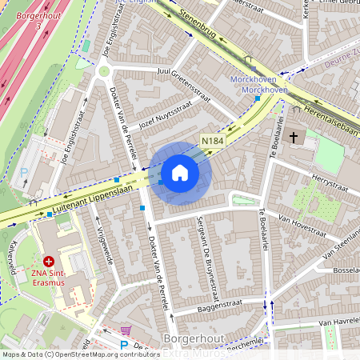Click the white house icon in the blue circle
pyautogui.click(x=180, y=173)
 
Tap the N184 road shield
pyautogui.click(x=211, y=140)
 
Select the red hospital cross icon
pyautogui.click(x=49, y=261)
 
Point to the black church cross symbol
pyautogui.click(x=293, y=138)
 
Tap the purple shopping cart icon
pyautogui.click(x=125, y=330)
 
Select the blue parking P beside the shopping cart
pyautogui.click(x=123, y=346)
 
